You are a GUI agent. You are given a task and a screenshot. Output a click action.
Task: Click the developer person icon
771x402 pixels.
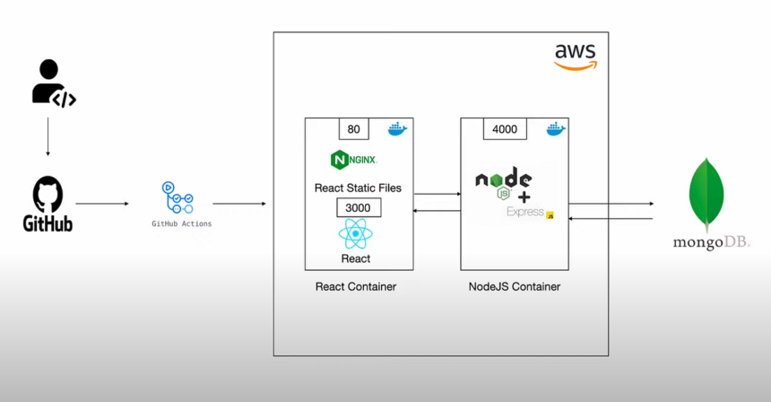(x=51, y=83)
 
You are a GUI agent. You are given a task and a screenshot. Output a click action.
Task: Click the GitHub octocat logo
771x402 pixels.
(x=48, y=194)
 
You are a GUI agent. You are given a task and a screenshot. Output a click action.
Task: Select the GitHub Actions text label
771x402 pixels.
(x=182, y=223)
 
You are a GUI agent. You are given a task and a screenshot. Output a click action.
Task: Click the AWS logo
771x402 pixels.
(x=574, y=57)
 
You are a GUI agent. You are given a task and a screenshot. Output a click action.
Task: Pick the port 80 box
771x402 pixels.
(x=353, y=129)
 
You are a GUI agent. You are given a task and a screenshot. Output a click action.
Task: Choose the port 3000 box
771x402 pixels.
(x=359, y=207)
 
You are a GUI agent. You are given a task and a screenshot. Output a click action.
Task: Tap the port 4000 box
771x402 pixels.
(x=505, y=129)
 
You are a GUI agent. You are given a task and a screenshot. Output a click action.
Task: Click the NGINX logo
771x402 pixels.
(x=353, y=160)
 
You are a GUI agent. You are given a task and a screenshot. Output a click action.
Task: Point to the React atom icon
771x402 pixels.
(x=356, y=235)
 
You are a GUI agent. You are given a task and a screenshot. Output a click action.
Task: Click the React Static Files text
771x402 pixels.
(x=358, y=188)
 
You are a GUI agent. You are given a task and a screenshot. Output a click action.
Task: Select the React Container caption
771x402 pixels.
(x=356, y=287)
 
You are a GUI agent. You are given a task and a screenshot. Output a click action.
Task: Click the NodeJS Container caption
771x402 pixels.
(x=515, y=287)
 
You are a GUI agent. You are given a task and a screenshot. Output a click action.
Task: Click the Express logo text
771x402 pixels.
(x=525, y=213)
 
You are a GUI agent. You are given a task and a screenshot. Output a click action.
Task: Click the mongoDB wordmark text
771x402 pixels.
(x=711, y=242)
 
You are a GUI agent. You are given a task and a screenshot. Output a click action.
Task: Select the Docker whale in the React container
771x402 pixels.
(x=397, y=129)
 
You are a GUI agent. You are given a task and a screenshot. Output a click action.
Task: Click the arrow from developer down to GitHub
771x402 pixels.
(x=48, y=143)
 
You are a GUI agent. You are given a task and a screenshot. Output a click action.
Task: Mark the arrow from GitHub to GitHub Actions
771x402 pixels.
(x=101, y=204)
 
